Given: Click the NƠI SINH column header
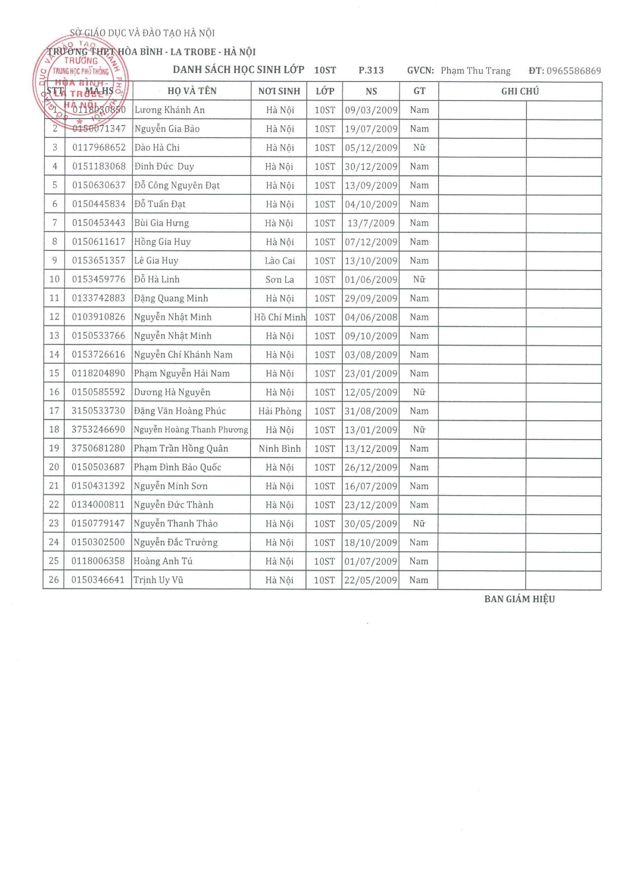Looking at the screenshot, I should pos(279,91).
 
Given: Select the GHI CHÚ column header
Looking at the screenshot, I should pos(520,91).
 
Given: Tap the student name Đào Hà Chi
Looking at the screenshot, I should pos(157,147).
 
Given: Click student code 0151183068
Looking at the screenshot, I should pos(99,166).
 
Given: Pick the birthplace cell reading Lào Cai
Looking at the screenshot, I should pos(280,261).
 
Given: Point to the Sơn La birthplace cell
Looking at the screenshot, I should pos(280,279).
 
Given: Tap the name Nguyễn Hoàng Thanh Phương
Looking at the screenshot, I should pos(191,430).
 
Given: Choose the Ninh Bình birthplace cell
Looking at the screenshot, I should pos(280,449).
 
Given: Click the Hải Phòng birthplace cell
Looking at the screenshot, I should pos(280,411).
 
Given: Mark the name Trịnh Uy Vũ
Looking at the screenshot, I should pos(158,580).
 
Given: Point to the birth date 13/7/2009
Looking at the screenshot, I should pos(371,223).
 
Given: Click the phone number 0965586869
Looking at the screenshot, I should pos(574,71).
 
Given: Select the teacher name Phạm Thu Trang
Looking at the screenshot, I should pos(476,71).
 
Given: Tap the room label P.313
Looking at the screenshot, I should pos(371,70).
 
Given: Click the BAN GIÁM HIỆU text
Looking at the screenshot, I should pos(519,599).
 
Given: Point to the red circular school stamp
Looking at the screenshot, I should pos(81,81).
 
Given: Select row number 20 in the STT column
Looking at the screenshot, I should pos(54,467).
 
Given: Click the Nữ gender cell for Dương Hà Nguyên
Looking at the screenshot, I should pos(419,392).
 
